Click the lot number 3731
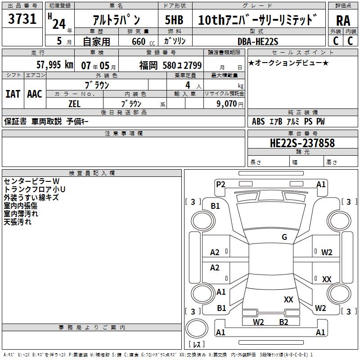(x=22, y=20)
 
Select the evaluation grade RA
(x=343, y=20)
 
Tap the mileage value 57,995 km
(x=54, y=64)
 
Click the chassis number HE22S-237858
(x=302, y=143)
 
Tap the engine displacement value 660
(x=138, y=41)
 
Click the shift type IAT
(x=13, y=94)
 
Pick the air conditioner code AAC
(x=35, y=94)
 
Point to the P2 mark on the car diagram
(x=220, y=184)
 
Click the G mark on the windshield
(x=284, y=237)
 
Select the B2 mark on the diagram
(x=283, y=322)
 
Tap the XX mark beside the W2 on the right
(x=327, y=279)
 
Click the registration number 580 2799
(x=182, y=65)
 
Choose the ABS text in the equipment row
(x=258, y=121)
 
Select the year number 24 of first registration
(x=58, y=23)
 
